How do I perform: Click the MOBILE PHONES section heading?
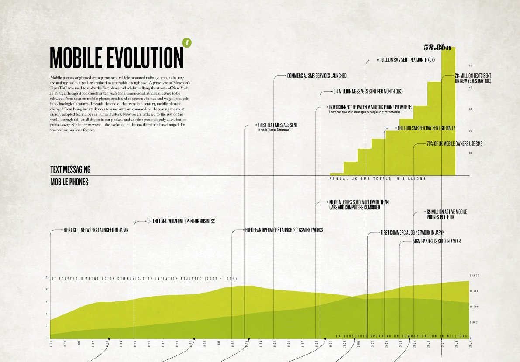69,182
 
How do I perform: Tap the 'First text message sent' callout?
278,125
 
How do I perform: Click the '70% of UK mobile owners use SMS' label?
454,143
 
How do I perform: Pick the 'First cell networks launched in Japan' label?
96,230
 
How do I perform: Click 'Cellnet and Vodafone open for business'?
181,221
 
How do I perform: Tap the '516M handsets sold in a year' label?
437,241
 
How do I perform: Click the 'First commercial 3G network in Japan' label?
412,232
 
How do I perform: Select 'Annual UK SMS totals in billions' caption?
377,179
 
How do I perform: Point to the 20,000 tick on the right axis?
474,276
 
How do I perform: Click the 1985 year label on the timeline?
134,343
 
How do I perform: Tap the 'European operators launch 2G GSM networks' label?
284,230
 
